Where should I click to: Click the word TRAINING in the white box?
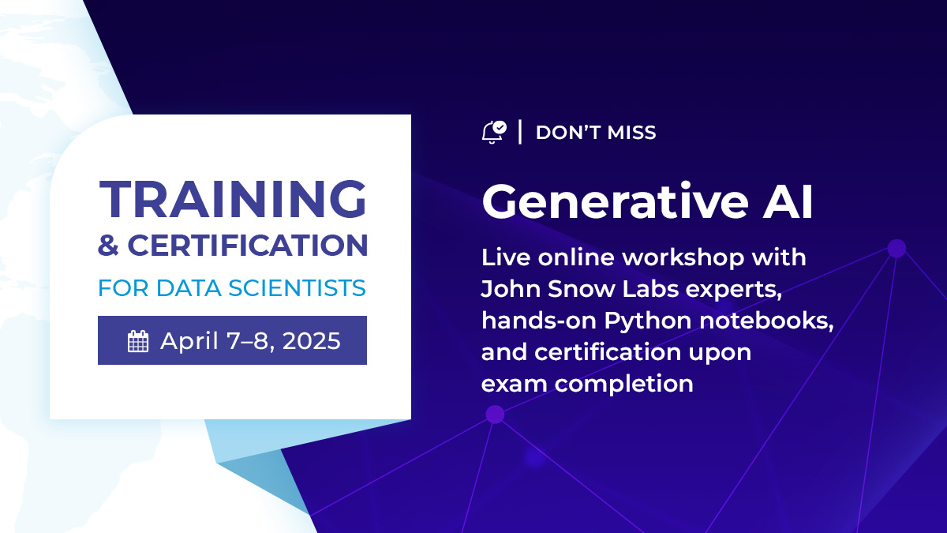pos(233,199)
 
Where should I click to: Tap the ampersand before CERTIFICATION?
pos(108,246)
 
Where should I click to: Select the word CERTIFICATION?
pos(247,246)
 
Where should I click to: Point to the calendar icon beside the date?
pos(138,341)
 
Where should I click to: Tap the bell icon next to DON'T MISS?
pos(492,132)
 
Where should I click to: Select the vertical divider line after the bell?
pos(520,132)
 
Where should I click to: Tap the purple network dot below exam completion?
pos(495,414)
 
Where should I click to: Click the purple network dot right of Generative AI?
pos(896,249)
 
